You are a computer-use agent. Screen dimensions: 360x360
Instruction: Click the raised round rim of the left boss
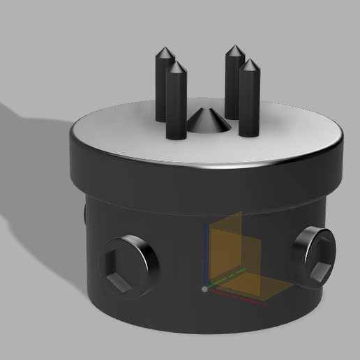pyautogui.click(x=144, y=255)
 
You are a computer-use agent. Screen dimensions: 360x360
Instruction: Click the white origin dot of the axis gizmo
pyautogui.click(x=204, y=287)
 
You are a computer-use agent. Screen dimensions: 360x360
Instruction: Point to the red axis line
pyautogui.click(x=237, y=297)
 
